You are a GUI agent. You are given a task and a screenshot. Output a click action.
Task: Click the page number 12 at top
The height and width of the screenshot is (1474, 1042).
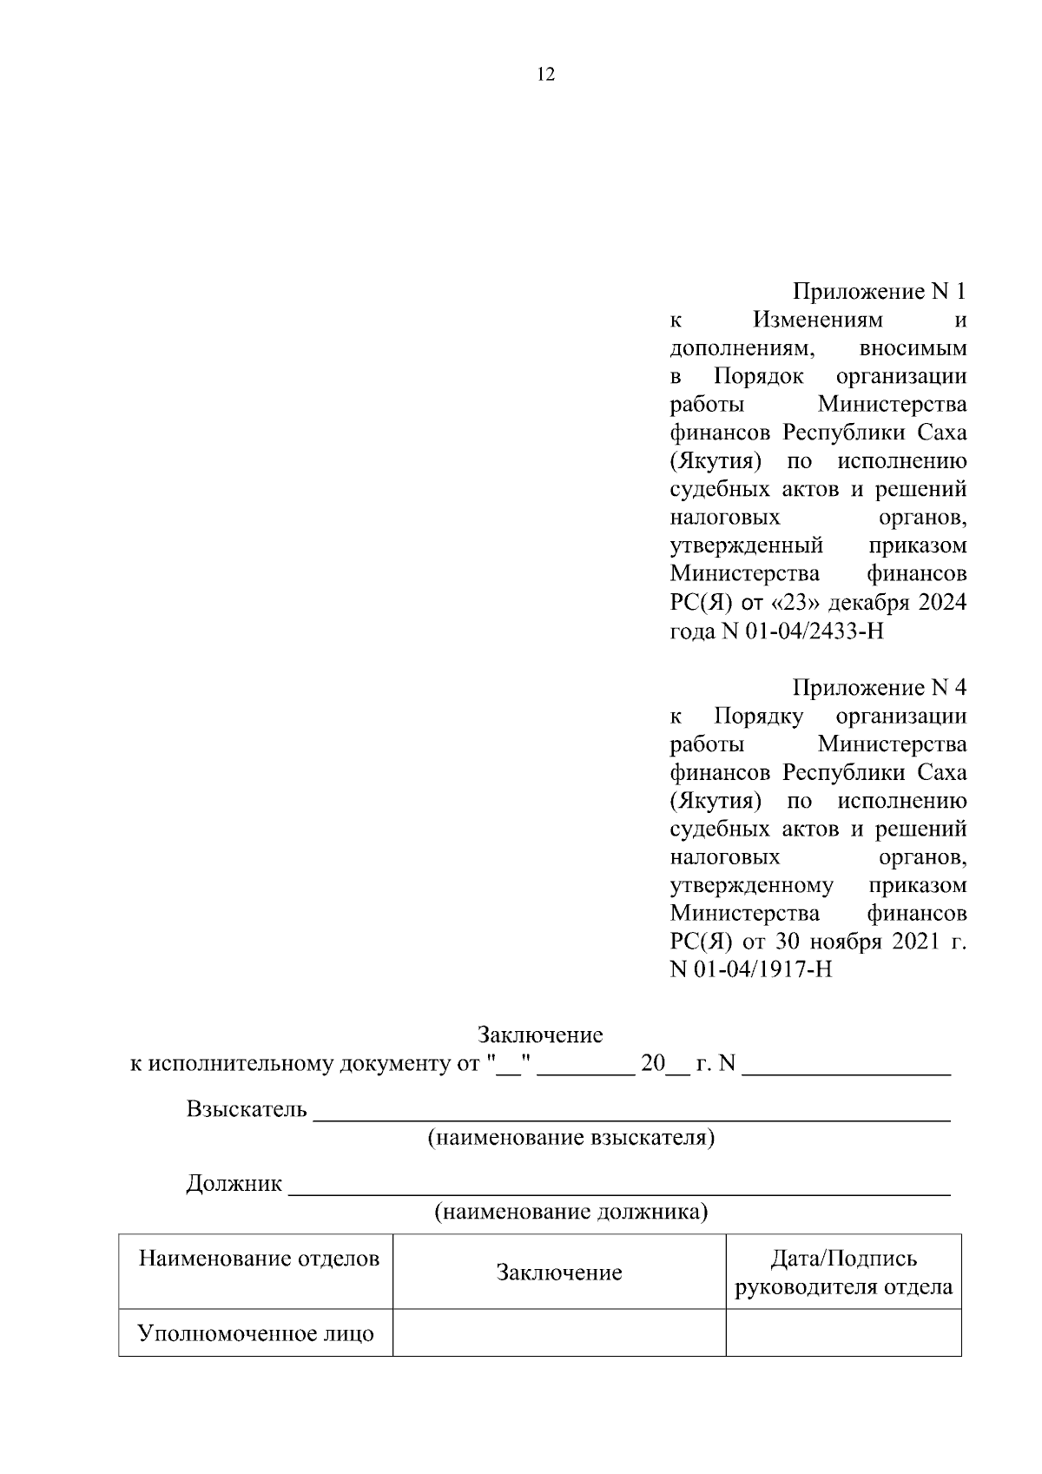point(546,74)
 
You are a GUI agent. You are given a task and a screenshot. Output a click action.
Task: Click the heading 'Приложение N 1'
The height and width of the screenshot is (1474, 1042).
point(879,292)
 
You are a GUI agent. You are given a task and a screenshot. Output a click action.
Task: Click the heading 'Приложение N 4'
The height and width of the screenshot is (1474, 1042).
point(879,688)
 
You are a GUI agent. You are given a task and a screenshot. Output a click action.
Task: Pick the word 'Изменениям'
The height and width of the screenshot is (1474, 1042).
point(817,321)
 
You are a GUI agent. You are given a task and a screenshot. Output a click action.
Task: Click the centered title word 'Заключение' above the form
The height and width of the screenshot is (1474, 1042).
point(540,1035)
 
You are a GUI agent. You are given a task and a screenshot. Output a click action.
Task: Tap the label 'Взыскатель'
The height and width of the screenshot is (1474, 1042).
point(247,1109)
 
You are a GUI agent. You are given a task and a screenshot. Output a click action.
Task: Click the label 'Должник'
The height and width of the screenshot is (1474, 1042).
point(234,1184)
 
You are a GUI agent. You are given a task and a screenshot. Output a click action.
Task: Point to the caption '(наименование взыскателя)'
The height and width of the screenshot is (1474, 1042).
point(570,1138)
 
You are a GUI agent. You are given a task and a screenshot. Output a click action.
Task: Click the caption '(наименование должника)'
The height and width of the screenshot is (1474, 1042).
point(570,1212)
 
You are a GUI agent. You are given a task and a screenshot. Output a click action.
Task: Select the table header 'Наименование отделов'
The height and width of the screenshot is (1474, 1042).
point(259,1259)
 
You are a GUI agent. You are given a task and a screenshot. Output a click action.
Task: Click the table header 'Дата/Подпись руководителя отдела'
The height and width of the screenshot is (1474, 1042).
point(843,1272)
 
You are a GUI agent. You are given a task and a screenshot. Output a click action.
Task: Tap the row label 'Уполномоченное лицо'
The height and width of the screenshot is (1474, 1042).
point(256,1333)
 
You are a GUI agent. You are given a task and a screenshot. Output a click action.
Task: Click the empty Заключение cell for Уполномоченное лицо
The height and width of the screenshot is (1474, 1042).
point(558,1333)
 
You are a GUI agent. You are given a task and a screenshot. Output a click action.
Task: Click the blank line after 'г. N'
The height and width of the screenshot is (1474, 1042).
point(847,1065)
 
